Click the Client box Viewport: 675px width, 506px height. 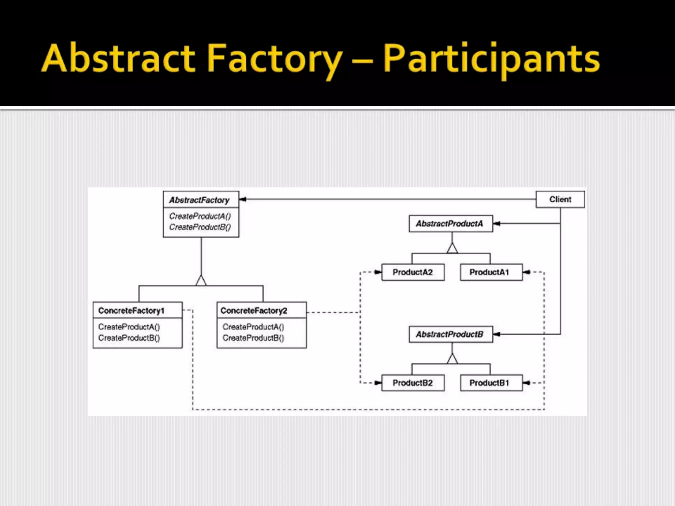pos(560,199)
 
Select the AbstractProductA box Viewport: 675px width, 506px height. pos(451,224)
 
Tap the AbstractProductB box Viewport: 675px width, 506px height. pos(451,334)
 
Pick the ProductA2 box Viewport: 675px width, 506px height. pos(413,272)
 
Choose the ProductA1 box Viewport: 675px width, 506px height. pos(491,272)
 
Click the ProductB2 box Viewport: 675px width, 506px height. pos(413,383)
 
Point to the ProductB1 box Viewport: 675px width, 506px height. pos(491,383)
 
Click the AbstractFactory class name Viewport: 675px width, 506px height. pos(199,200)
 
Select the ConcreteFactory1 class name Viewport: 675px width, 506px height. pos(131,311)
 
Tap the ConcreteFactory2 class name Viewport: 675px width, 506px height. pos(254,311)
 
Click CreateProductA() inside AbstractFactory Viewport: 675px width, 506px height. pos(200,216)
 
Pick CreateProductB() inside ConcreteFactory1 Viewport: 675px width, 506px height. pos(129,338)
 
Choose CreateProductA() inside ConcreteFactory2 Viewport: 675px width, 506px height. pos(253,327)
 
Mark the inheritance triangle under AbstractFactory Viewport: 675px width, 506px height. pos(201,280)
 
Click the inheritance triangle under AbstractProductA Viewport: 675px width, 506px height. pos(452,248)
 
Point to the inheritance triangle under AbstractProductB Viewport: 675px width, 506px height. pos(452,359)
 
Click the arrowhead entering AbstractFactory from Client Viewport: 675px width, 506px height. pos(243,199)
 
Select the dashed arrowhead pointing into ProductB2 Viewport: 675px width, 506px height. pos(378,383)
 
